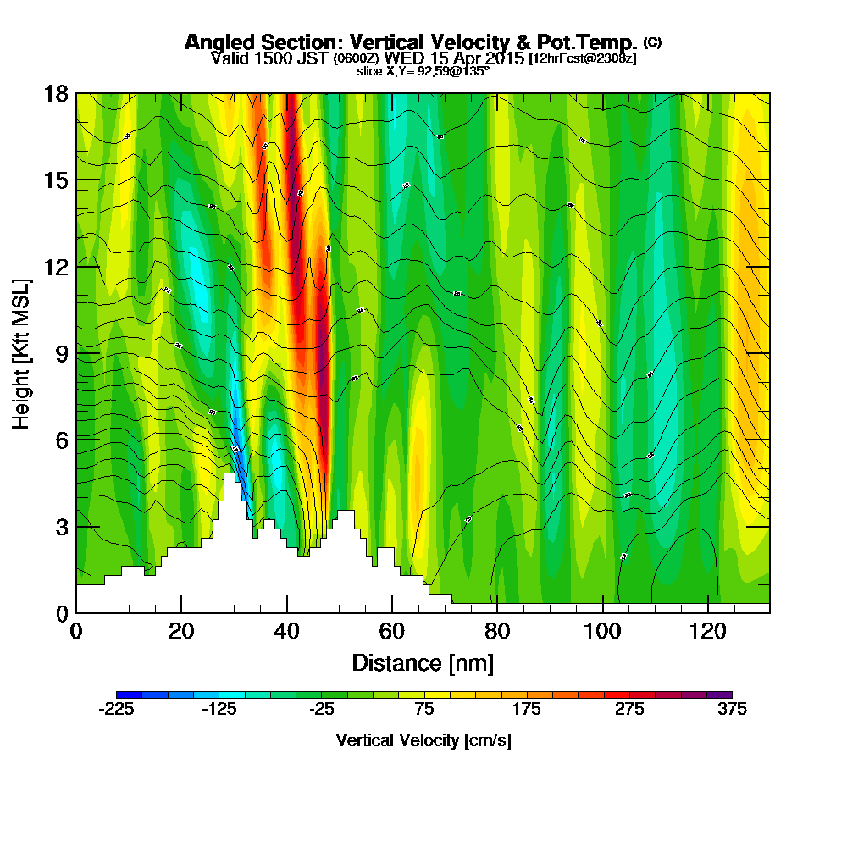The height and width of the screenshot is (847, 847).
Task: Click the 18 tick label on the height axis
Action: click(55, 93)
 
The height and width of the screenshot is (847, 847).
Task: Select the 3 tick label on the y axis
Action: click(60, 526)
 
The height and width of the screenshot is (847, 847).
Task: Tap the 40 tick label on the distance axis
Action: click(287, 632)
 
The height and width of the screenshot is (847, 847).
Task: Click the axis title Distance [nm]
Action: click(423, 662)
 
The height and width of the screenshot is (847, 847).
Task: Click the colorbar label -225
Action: click(116, 710)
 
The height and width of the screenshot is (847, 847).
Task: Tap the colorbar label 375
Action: click(732, 710)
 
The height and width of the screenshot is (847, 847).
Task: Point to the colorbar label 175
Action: click(527, 710)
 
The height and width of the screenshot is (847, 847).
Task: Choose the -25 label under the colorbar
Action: click(321, 710)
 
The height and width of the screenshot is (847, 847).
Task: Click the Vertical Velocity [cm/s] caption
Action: click(423, 740)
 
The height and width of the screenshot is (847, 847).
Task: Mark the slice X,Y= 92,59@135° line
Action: click(423, 71)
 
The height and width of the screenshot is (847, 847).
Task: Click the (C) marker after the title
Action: click(653, 42)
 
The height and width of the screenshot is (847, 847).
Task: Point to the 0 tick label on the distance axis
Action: click(76, 632)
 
